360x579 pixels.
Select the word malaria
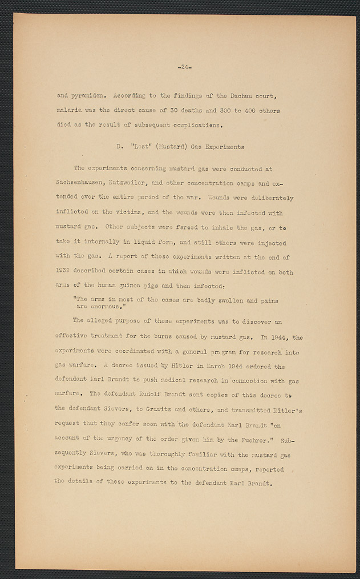click(x=70, y=110)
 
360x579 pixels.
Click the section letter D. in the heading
click(x=120, y=147)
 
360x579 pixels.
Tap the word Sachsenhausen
click(x=83, y=183)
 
